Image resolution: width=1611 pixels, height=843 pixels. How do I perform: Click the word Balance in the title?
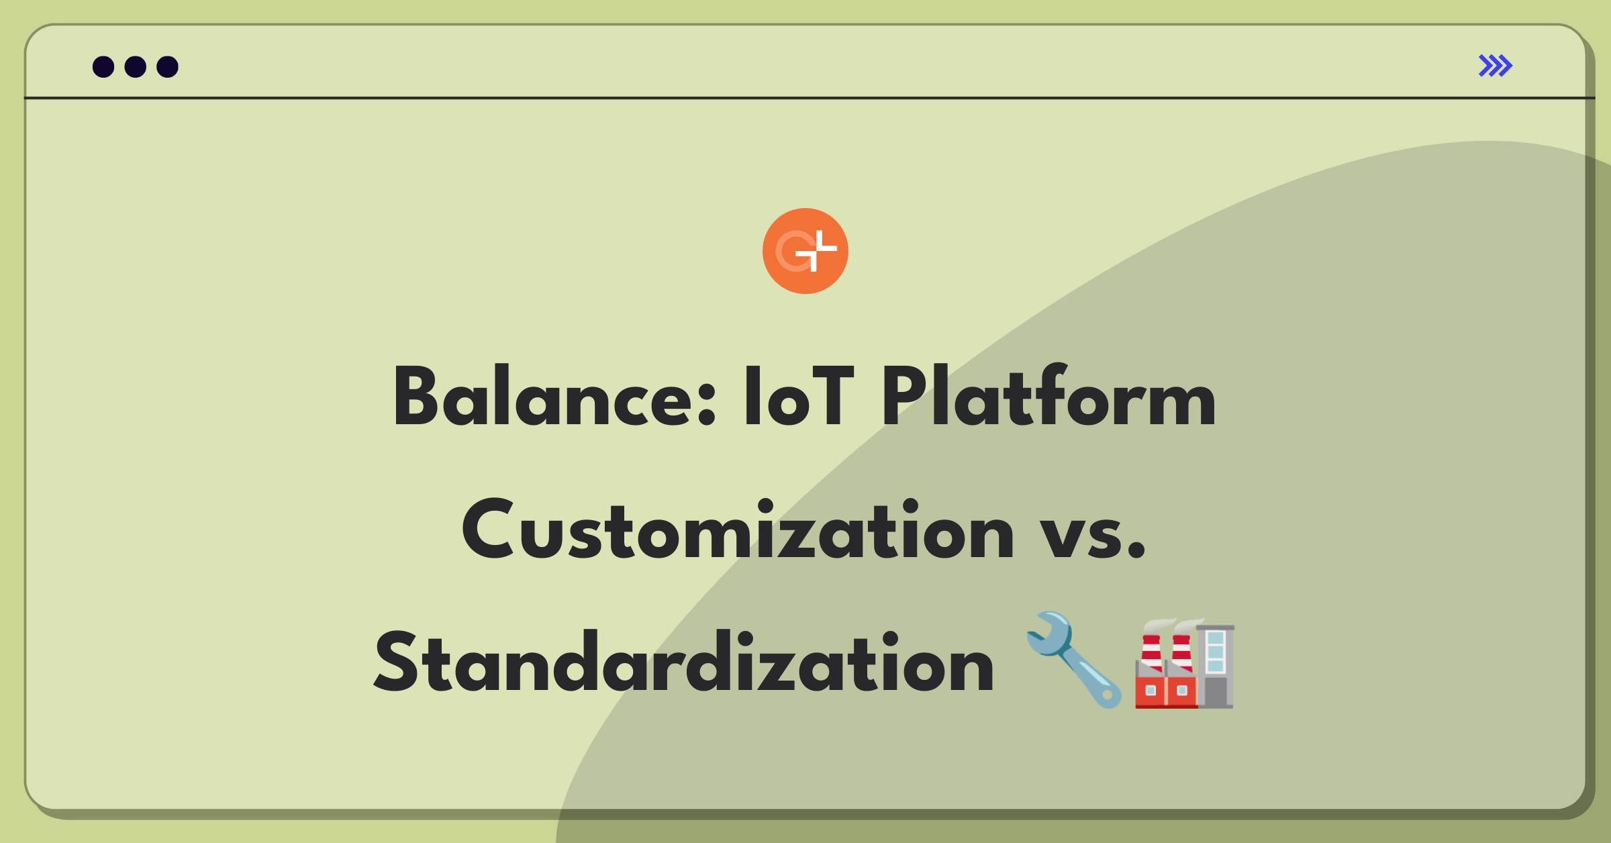point(544,397)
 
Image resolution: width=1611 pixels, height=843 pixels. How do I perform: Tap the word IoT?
point(799,397)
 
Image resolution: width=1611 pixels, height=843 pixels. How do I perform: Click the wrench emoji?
point(1073,660)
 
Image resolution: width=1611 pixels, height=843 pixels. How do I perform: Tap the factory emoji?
point(1185,663)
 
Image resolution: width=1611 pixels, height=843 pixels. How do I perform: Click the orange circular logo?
point(805,251)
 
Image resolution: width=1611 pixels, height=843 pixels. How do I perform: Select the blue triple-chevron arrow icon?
point(1495,66)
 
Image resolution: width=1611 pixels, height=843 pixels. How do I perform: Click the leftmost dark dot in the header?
point(103,67)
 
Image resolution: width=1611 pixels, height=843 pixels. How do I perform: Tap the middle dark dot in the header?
point(136,67)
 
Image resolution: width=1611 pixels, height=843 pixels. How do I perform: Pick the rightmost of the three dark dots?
point(167,67)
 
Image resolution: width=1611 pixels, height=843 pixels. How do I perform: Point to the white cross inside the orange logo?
point(816,250)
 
